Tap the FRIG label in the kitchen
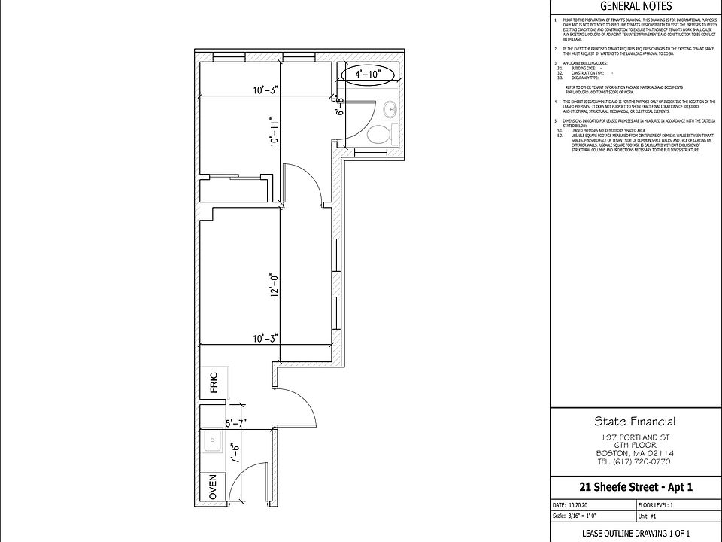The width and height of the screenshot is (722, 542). (213, 383)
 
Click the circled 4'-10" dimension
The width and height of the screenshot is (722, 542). (366, 74)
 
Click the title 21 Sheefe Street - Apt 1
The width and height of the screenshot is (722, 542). (636, 486)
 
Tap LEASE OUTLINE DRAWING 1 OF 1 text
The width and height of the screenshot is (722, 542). (636, 533)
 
